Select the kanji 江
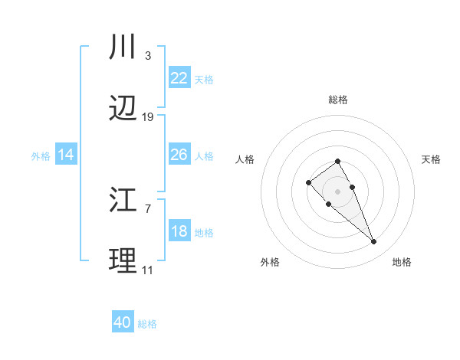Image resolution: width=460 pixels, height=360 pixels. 123,201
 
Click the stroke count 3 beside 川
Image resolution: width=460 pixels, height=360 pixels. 147,55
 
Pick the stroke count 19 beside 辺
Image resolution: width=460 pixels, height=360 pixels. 148,117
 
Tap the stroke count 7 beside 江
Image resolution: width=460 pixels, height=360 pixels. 147,208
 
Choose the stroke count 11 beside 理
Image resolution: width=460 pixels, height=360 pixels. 147,270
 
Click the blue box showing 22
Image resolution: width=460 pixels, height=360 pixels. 179,78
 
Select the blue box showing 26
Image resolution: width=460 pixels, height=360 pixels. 179,155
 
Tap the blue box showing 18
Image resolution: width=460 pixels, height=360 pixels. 179,231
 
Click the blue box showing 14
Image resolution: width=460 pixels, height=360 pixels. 66,155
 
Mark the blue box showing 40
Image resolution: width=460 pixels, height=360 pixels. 123,322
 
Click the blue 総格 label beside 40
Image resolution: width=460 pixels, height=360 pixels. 147,324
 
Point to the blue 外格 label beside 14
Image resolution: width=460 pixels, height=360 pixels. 41,156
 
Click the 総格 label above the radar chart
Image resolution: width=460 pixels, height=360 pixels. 337,100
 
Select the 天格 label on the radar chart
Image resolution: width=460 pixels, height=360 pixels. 431,159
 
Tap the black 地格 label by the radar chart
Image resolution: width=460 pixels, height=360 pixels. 402,262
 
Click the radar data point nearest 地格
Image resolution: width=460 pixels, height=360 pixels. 373,242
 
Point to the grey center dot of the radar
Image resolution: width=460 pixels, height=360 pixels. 337,191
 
